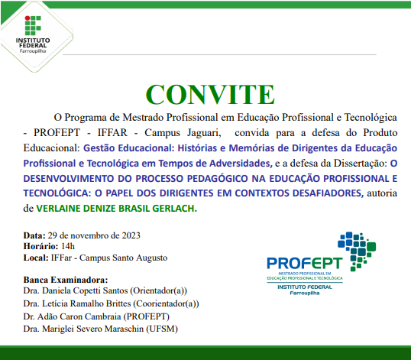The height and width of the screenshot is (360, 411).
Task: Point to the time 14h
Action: coord(68,246)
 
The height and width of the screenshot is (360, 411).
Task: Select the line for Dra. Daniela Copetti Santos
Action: coord(105,291)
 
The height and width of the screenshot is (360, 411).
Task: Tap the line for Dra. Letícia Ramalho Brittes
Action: coord(111,303)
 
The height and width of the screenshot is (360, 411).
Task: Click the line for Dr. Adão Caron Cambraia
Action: coord(96,316)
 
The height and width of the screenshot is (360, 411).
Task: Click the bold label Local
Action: coord(37,258)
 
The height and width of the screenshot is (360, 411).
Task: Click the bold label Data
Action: coord(35,235)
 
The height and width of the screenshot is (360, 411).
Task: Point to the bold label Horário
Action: coord(40,246)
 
